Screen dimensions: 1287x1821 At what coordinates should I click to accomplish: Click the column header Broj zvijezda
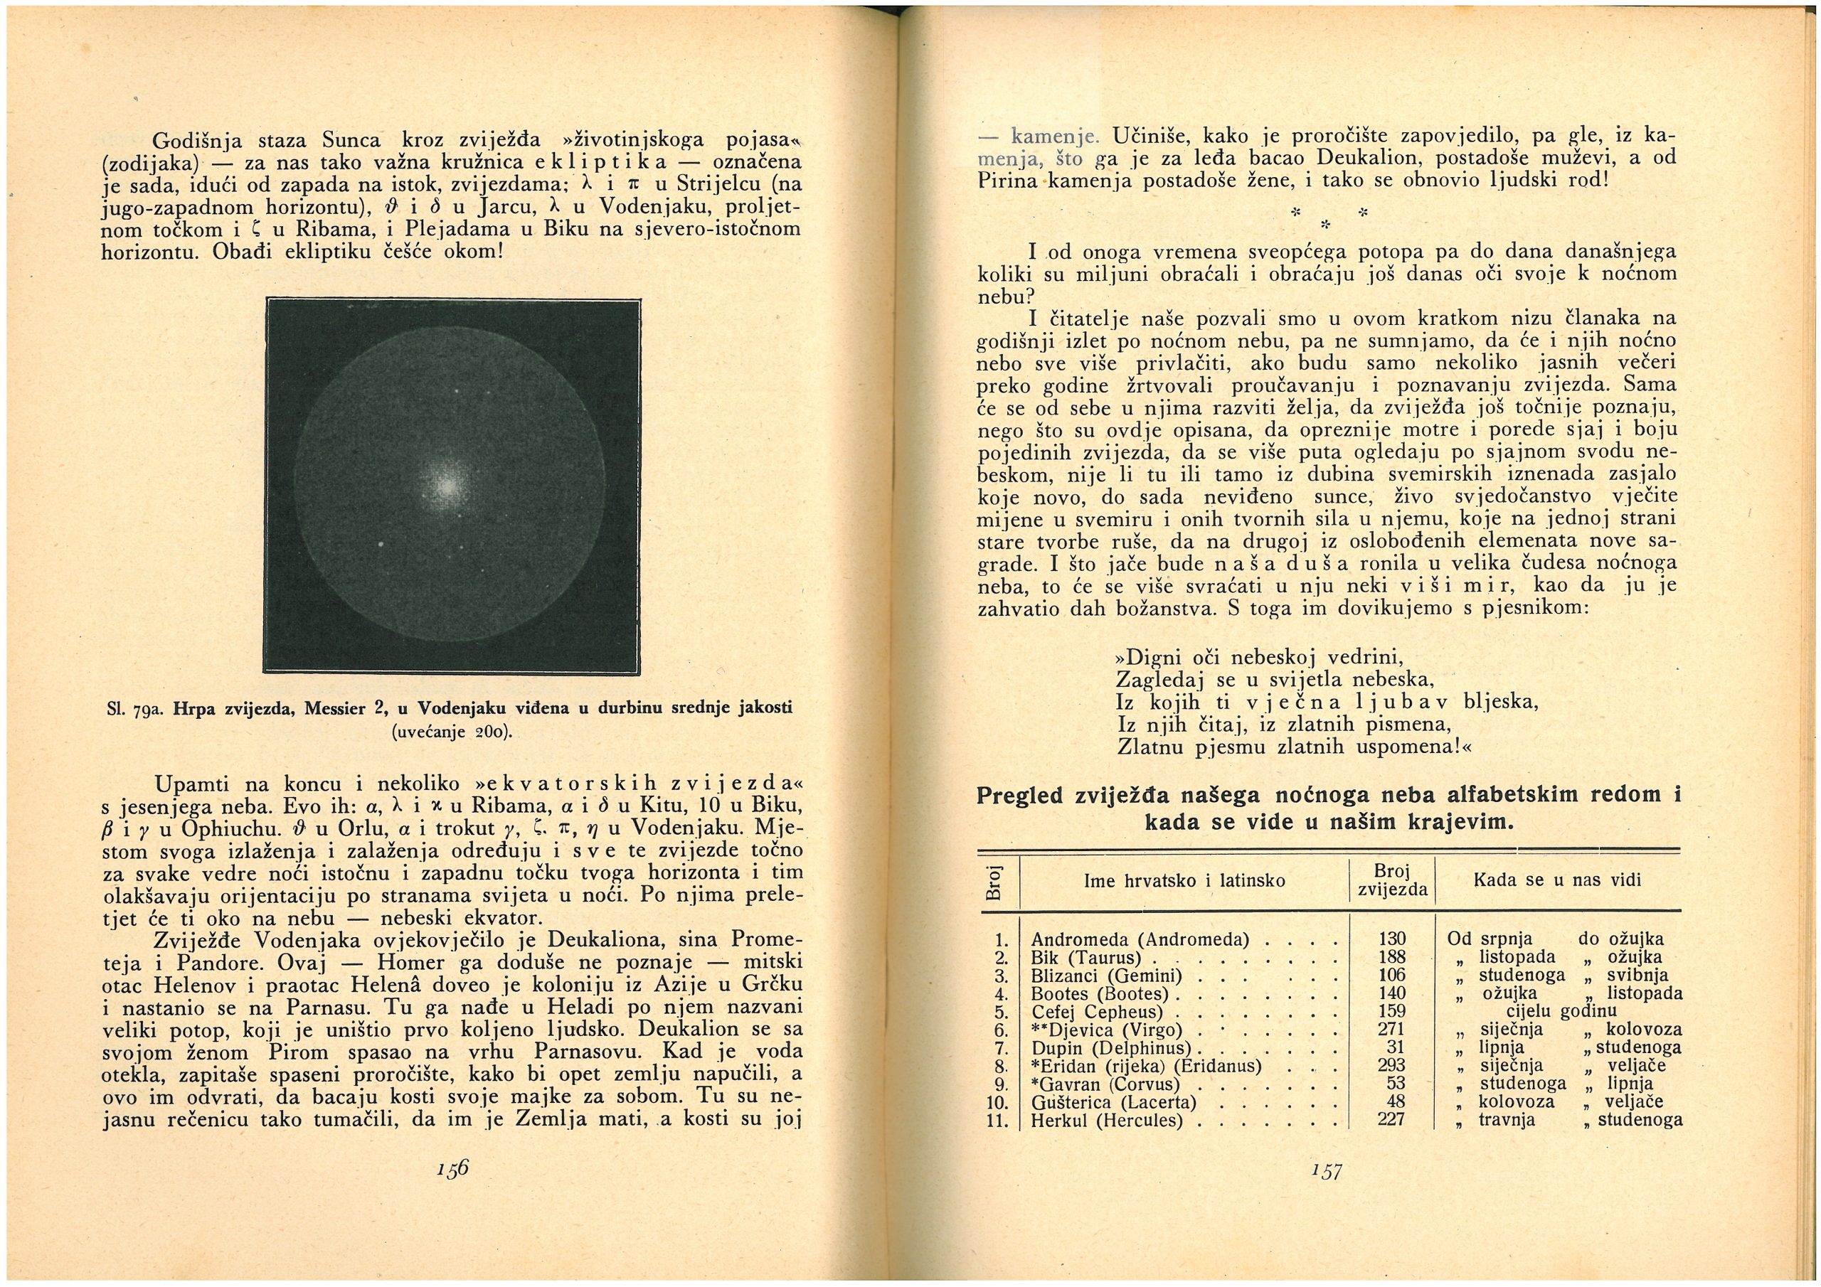[x=1392, y=881]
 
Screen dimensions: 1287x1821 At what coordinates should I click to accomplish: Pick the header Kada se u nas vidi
[x=1557, y=880]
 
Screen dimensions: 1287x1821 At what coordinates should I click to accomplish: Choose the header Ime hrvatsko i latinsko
[x=1184, y=881]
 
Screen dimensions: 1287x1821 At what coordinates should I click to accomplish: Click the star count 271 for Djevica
[x=1392, y=1030]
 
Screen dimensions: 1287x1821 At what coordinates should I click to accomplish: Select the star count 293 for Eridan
[x=1392, y=1066]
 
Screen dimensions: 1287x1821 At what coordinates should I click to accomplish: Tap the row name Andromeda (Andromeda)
[x=1140, y=941]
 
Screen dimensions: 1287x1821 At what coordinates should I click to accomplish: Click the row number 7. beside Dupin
[x=1001, y=1048]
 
